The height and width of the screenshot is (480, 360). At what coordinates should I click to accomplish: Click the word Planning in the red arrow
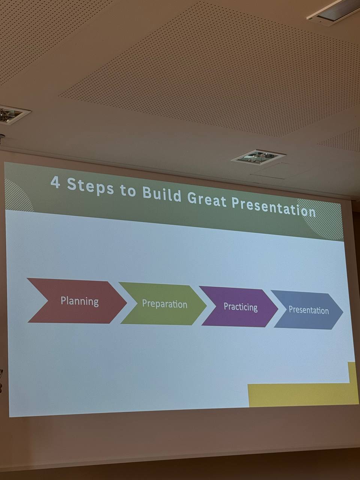pos(79,301)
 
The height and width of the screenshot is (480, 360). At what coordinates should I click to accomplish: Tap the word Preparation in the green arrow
pos(165,304)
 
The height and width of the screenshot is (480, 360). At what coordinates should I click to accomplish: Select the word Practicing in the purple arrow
pos(241,307)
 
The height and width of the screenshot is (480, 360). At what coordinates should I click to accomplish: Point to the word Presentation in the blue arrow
pos(309,310)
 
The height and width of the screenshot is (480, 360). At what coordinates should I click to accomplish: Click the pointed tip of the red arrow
pos(127,303)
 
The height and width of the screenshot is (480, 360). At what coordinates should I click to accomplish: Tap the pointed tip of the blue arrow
pos(343,312)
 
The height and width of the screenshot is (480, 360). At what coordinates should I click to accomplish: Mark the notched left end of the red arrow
pos(48,300)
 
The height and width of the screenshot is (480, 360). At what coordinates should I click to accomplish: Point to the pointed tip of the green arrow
pos(206,306)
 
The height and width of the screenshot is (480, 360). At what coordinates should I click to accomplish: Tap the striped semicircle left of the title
pos(18,196)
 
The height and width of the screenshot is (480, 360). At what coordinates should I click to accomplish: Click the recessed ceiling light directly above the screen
pos(258,156)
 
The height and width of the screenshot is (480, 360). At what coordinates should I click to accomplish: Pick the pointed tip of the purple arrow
pos(278,309)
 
